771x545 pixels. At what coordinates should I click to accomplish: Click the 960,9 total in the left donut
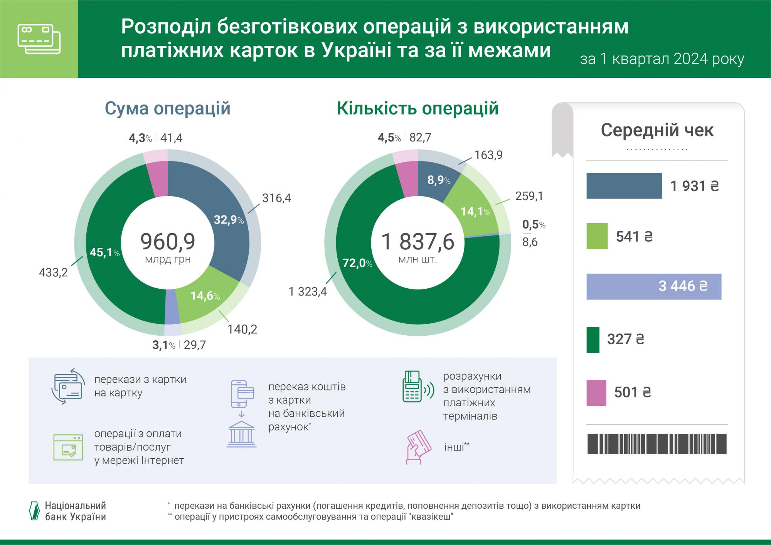pos(168,242)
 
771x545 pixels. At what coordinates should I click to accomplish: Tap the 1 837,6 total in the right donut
pos(418,242)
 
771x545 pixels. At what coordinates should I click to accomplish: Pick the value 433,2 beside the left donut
pos(53,273)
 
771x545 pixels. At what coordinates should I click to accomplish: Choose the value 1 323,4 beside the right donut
pos(308,291)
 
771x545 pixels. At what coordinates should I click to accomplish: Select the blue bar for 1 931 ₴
pos(624,186)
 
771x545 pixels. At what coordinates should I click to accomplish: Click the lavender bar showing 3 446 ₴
pos(653,286)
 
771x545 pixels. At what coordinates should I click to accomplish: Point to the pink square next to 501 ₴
pos(596,393)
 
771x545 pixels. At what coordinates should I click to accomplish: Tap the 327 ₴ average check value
pos(625,339)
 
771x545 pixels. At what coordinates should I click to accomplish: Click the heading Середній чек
pos(657,130)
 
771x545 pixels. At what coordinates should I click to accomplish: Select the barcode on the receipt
pos(657,444)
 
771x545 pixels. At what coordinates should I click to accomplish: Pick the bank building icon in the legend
pos(241,434)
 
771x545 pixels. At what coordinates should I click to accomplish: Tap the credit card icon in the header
pos(39,39)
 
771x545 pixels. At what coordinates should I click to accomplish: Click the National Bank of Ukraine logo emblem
pos(35,511)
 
